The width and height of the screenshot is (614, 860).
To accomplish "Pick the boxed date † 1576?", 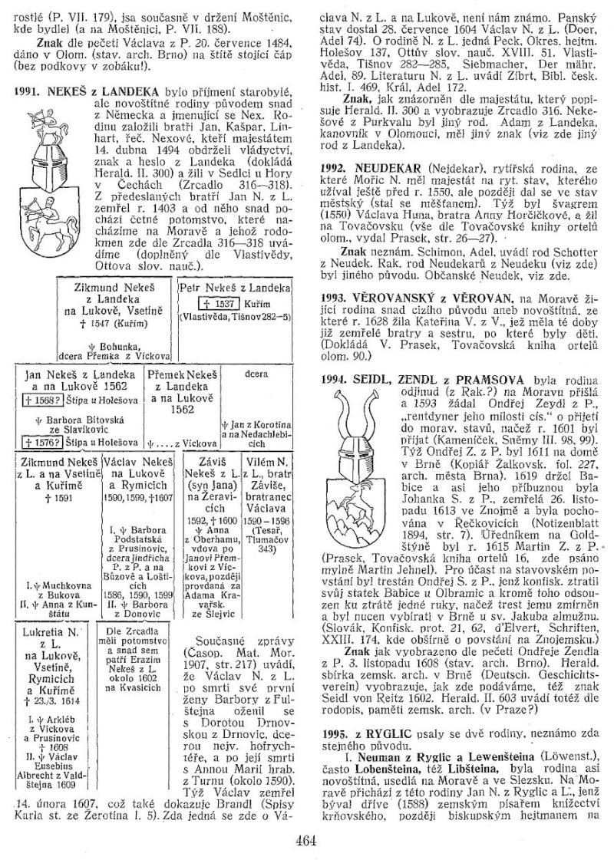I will (39, 443).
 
